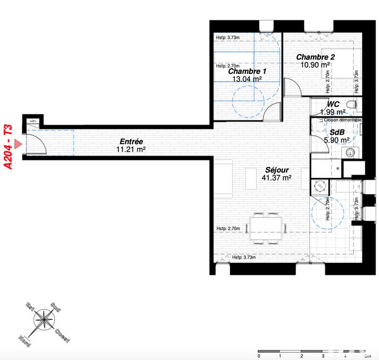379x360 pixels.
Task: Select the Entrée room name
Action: click(131, 142)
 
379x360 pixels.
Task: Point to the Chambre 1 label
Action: click(247, 71)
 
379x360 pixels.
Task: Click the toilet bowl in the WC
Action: click(351, 104)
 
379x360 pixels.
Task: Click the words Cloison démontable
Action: click(340, 120)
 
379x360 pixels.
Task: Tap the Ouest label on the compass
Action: click(63, 334)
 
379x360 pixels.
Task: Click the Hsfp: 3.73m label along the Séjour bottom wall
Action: click(244, 258)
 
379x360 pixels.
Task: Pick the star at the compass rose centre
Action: click(44, 319)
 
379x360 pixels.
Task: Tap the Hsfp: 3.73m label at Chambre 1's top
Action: click(228, 38)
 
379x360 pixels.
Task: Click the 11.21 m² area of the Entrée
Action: click(131, 150)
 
